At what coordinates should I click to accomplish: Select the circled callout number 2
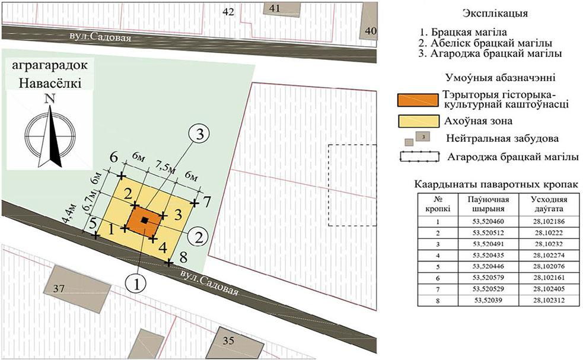click(x=199, y=237)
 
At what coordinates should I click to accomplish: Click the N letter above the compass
click(x=50, y=99)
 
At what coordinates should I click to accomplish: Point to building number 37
click(x=77, y=286)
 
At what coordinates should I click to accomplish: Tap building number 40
click(x=369, y=20)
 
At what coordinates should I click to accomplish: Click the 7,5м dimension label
click(x=165, y=167)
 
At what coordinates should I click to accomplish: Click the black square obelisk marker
click(x=145, y=220)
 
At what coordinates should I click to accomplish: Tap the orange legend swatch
click(x=418, y=100)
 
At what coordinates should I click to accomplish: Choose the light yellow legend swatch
click(x=418, y=121)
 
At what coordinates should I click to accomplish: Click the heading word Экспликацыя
click(x=495, y=14)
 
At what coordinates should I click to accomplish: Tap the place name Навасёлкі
click(x=50, y=82)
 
